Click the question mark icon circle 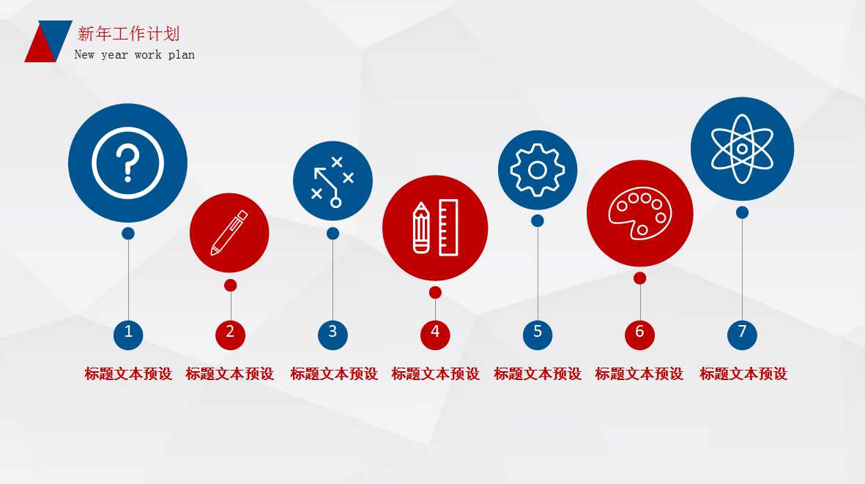(x=127, y=163)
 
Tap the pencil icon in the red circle (x=229, y=233)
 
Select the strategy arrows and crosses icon (x=333, y=181)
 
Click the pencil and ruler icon (x=435, y=228)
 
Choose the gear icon (x=538, y=170)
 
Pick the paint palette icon (x=639, y=213)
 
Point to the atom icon (x=742, y=149)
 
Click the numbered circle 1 (x=128, y=333)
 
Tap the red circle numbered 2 (x=230, y=333)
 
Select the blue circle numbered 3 (x=333, y=333)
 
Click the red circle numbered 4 (x=435, y=333)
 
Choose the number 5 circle (x=538, y=333)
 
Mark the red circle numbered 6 (x=639, y=333)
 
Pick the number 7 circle (x=742, y=333)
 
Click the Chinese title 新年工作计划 (x=128, y=34)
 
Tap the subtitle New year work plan (x=135, y=55)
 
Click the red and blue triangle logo (x=48, y=41)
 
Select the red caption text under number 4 (x=435, y=374)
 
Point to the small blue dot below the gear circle (x=538, y=220)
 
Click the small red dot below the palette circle (x=639, y=278)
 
